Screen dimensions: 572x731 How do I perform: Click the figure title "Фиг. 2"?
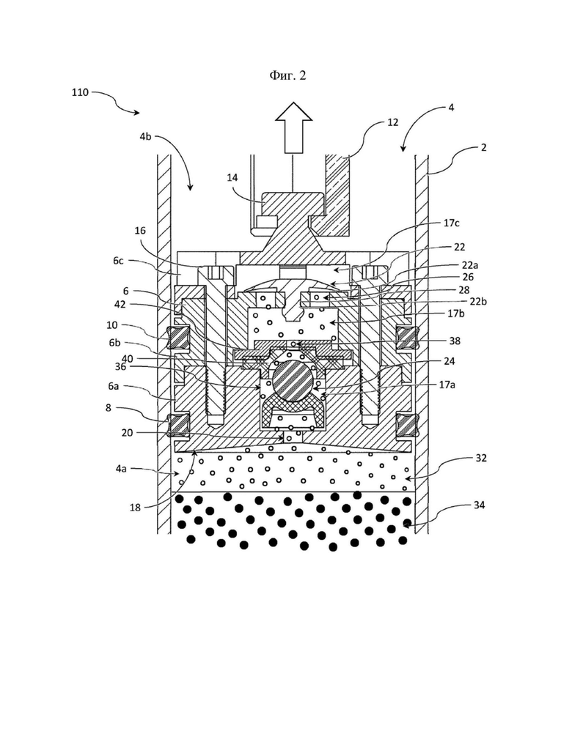[x=287, y=75]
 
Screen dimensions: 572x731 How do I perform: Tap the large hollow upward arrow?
[x=293, y=127]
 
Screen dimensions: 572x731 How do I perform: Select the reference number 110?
[x=80, y=92]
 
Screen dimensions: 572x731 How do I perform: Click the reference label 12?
[x=392, y=122]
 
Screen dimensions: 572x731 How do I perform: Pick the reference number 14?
[x=232, y=177]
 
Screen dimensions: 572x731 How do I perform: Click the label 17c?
[x=451, y=223]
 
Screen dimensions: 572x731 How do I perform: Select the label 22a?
[x=470, y=265]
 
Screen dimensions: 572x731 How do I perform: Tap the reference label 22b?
[x=479, y=301]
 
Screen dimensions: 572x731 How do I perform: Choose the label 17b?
[x=455, y=313]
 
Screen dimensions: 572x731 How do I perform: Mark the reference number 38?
[x=455, y=341]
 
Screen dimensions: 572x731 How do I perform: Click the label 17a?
[x=447, y=385]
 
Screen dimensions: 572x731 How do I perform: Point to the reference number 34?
[x=479, y=505]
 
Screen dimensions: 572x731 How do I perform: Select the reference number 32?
[x=481, y=458]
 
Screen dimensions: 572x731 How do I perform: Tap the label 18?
[x=135, y=508]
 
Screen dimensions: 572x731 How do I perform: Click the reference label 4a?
[x=121, y=469]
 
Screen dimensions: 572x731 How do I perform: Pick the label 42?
[x=120, y=305]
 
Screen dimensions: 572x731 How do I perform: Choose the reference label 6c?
[x=118, y=261]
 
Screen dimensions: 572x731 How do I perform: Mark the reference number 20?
[x=127, y=433]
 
